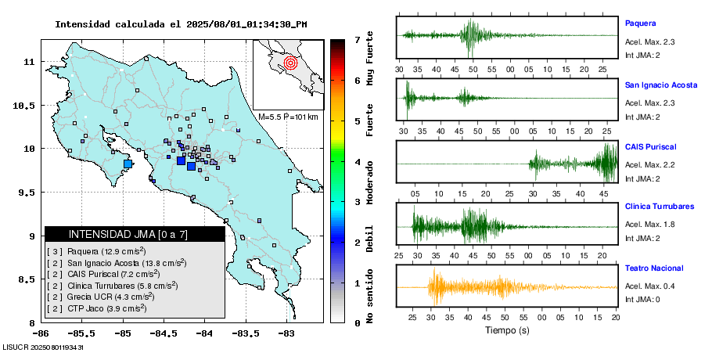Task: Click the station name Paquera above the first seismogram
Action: point(639,23)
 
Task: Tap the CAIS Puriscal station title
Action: point(650,146)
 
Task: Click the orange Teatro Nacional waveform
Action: point(469,287)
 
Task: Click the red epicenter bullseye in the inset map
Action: point(290,62)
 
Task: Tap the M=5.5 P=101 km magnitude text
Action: point(289,117)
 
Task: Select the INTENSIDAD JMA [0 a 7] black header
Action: point(134,234)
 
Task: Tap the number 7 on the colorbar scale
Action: point(357,39)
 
